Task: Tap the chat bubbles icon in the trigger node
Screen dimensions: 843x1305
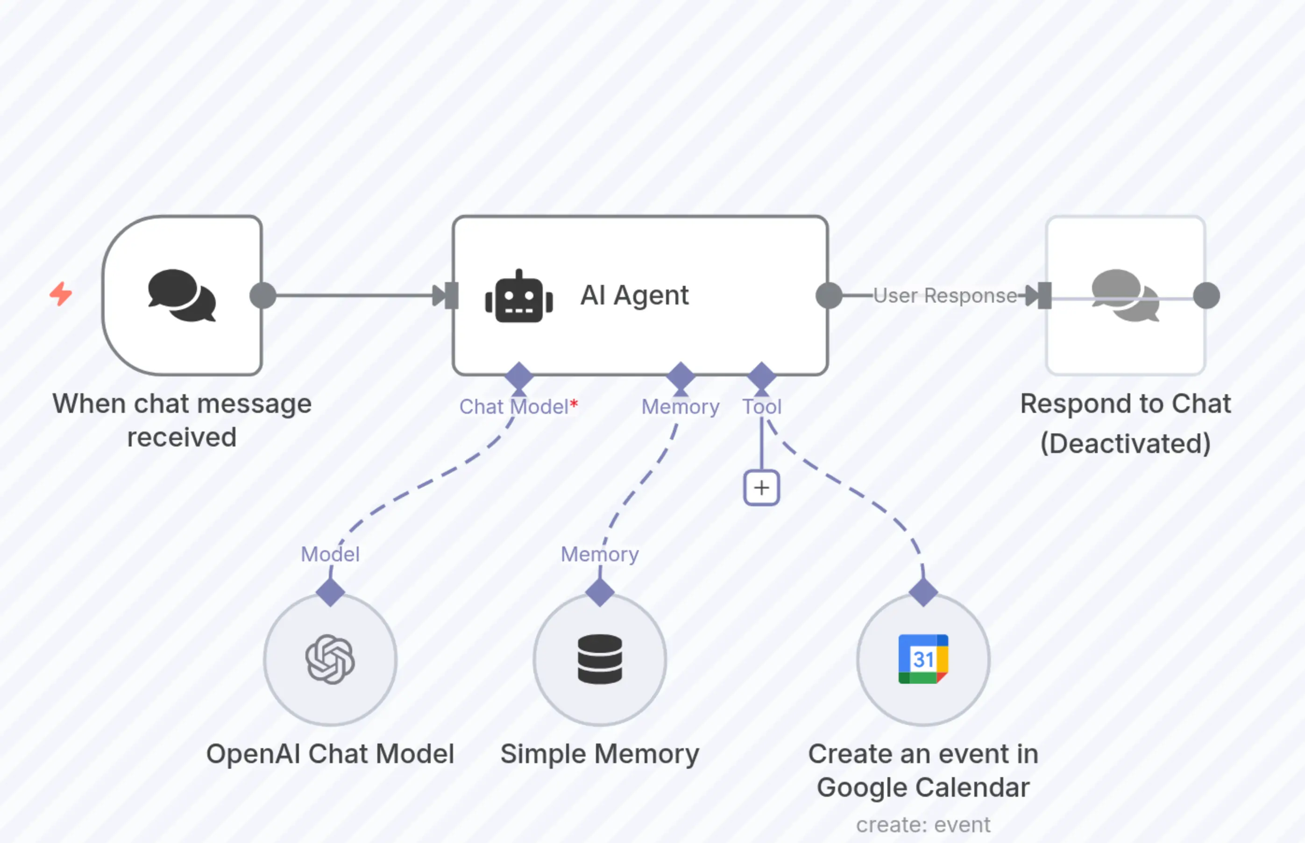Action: (x=182, y=296)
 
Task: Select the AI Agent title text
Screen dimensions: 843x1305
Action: (x=634, y=296)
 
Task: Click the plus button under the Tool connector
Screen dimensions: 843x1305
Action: (x=761, y=488)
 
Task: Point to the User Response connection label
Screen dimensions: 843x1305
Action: (x=945, y=296)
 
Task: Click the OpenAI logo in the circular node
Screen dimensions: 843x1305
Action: (x=330, y=659)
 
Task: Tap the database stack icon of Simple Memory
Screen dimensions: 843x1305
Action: (x=600, y=659)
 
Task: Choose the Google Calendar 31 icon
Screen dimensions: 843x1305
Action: (x=923, y=659)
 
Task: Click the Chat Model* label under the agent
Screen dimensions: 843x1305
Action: (x=518, y=407)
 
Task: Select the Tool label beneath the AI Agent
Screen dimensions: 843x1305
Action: (x=761, y=407)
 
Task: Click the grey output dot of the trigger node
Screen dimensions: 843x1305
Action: (x=263, y=296)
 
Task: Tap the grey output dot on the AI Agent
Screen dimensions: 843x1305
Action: (x=829, y=296)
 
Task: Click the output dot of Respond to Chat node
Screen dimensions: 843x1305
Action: (x=1206, y=296)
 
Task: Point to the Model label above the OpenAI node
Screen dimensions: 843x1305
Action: (x=330, y=554)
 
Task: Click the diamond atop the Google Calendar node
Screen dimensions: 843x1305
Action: (x=923, y=592)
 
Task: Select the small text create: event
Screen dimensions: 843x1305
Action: (x=923, y=825)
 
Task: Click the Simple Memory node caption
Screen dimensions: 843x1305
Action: (x=600, y=754)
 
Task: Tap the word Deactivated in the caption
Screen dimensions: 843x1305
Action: (x=1126, y=443)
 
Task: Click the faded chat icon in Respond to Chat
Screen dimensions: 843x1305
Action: (x=1126, y=296)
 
